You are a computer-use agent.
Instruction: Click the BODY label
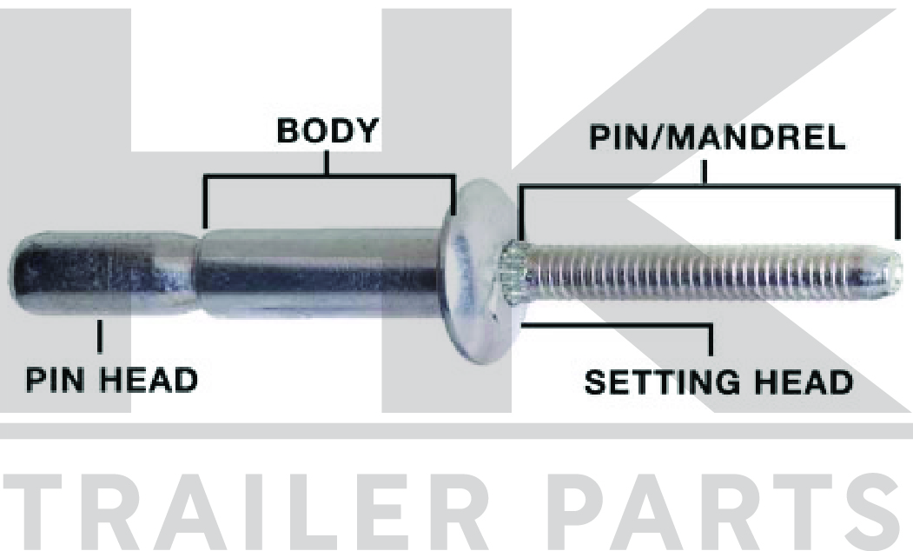coord(327,131)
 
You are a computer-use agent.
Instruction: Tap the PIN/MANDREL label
coord(717,139)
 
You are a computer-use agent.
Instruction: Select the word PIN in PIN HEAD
coord(59,380)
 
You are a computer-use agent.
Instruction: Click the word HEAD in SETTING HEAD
coord(804,382)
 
